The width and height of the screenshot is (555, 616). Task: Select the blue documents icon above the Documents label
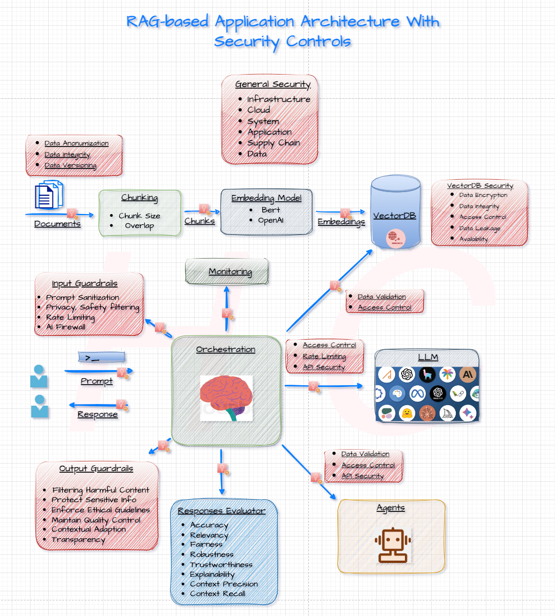point(49,194)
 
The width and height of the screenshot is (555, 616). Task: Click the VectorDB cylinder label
point(395,216)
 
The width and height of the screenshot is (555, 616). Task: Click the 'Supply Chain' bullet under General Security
point(273,143)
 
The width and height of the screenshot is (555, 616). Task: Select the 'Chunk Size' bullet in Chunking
point(139,216)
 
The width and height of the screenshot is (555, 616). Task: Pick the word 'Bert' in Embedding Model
point(271,210)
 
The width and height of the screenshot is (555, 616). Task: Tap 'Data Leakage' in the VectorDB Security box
point(479,228)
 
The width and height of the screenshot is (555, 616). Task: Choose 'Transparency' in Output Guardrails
point(78,539)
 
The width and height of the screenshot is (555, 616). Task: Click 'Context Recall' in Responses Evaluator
point(217,593)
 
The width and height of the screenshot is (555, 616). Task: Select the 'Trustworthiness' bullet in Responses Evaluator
point(221,564)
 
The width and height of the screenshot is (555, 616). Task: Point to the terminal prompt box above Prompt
point(102,357)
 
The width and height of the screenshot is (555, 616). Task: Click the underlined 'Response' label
point(98,414)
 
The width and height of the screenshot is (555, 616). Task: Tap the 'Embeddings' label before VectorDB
point(341,222)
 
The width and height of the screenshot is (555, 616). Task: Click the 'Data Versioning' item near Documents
point(70,165)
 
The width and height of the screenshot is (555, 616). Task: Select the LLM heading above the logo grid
point(427,357)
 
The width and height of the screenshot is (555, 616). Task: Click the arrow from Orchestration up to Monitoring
point(226,309)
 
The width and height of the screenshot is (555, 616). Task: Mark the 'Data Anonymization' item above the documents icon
point(76,143)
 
